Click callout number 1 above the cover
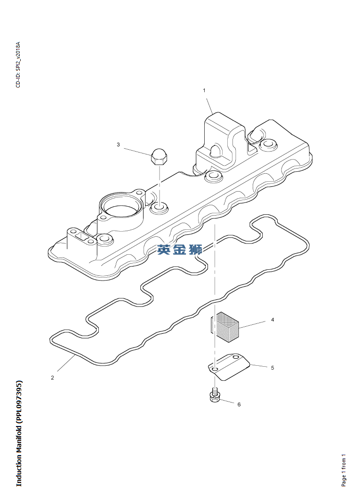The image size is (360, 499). (x=204, y=90)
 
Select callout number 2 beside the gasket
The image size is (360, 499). (x=52, y=378)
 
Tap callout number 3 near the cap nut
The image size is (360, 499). (x=118, y=145)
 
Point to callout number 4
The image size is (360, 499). (x=272, y=320)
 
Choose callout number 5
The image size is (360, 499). (x=272, y=368)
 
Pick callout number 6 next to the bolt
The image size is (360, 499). (x=239, y=404)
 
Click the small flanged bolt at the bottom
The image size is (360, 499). (x=215, y=395)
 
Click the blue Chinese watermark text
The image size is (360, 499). (x=180, y=249)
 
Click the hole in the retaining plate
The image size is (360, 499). (x=215, y=370)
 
